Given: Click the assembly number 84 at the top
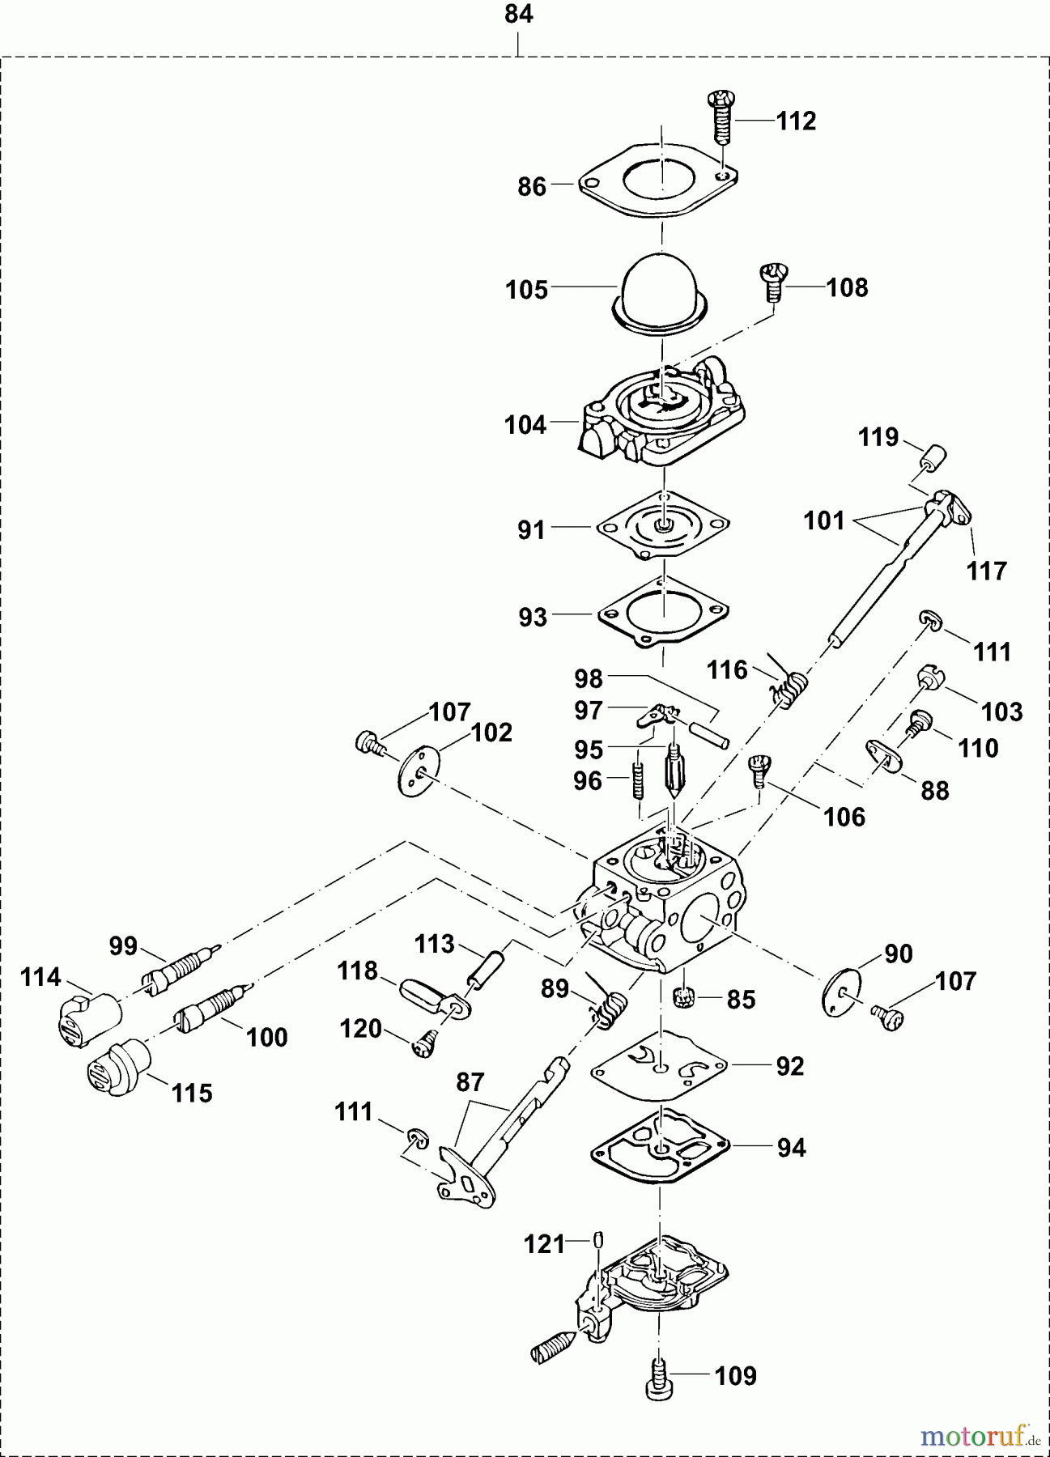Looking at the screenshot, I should pos(519,15).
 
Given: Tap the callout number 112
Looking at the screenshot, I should pos(796,121).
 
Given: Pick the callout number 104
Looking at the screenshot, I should pos(525,424).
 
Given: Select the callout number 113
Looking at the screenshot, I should pos(435,944).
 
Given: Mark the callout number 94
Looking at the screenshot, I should pos(791,1148).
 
